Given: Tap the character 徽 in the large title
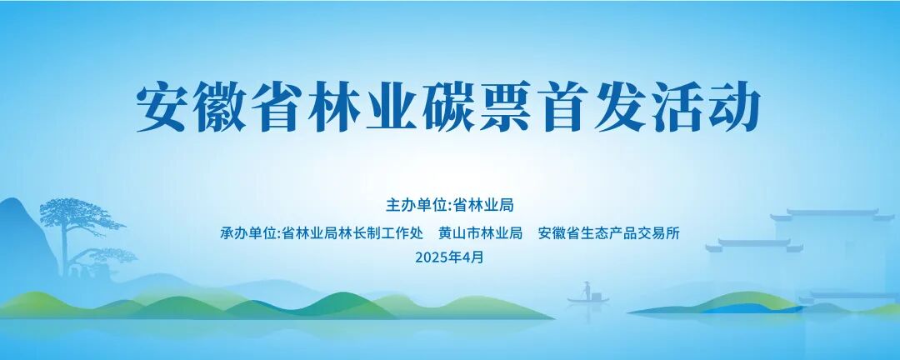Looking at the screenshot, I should point(227,106).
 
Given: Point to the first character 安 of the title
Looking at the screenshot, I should point(165,106).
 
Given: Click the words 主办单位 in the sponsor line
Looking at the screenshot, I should point(416,205).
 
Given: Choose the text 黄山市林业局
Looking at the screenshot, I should point(480,233).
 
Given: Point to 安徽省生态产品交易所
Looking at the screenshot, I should point(609,233).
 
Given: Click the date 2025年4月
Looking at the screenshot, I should point(449,257).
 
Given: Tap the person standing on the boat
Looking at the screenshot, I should point(587,289).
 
